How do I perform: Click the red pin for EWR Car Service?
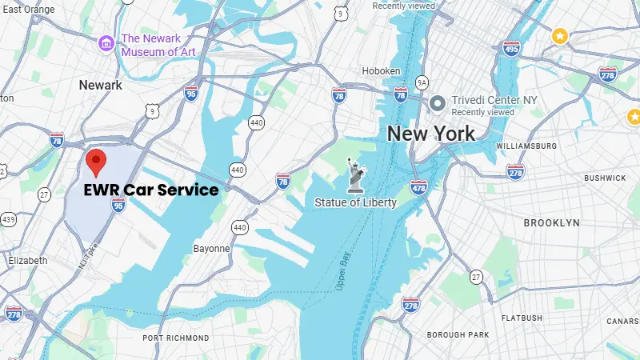[97, 162]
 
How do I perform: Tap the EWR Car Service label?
[151, 190]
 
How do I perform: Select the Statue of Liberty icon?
[354, 175]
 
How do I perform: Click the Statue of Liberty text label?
[355, 202]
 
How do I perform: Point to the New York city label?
[430, 134]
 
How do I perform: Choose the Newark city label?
[101, 85]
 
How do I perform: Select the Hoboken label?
[381, 71]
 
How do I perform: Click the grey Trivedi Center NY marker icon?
[438, 102]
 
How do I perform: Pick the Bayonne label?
[211, 248]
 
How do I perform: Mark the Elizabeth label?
[27, 260]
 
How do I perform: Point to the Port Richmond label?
[176, 338]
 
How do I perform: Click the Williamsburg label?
[526, 146]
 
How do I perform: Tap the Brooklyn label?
[551, 222]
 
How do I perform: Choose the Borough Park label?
[457, 334]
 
